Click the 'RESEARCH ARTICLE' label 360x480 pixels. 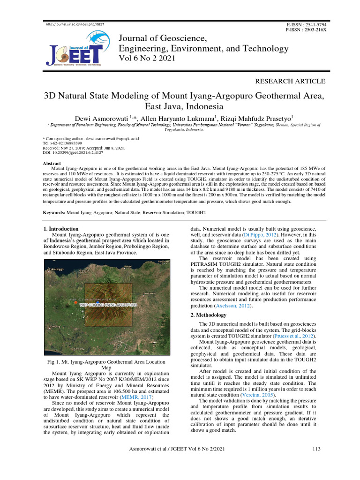(290, 81)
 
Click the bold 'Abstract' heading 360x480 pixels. (52, 163)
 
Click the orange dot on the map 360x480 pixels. (76, 303)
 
